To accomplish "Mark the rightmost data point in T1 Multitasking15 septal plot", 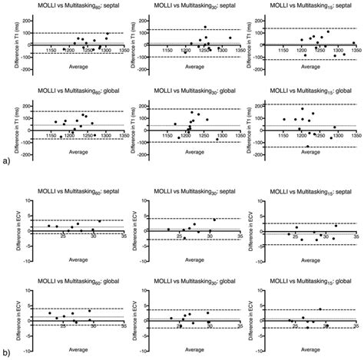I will point(353,44).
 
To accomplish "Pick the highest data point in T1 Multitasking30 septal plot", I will point(205,27).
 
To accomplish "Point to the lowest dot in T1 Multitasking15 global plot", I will point(307,146).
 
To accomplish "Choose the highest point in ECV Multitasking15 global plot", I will point(319,309).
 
